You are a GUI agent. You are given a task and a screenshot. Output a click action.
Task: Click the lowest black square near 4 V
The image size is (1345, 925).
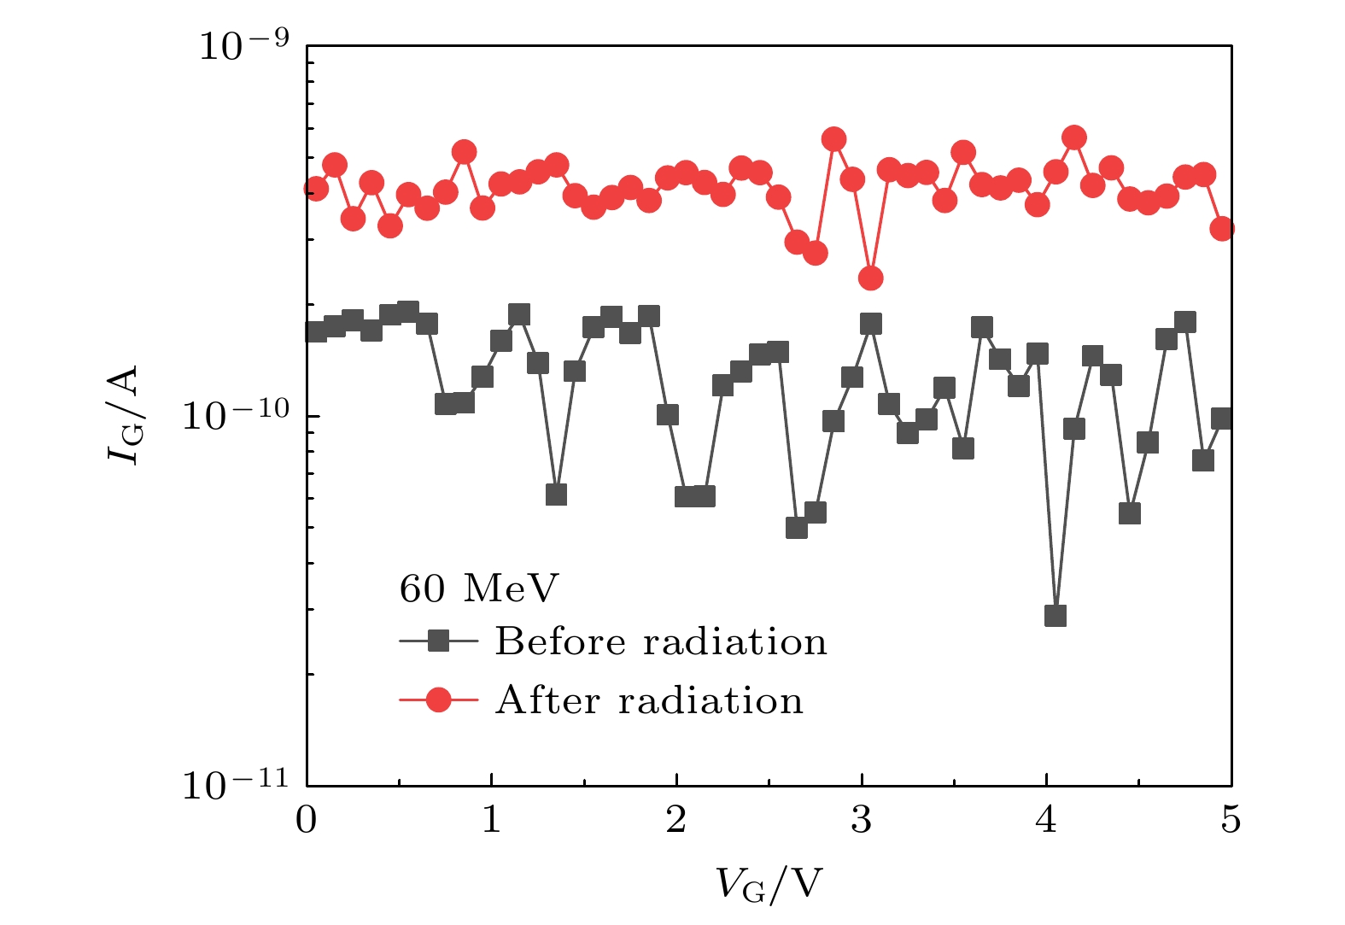(x=1056, y=616)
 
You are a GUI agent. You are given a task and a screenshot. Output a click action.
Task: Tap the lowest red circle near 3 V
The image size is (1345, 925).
(x=871, y=278)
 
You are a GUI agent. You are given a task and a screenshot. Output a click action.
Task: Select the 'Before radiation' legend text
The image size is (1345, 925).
(x=661, y=641)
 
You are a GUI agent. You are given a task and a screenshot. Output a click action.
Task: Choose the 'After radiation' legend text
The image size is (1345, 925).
(x=649, y=700)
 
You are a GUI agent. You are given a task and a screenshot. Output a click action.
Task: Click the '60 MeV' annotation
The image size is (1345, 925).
(x=479, y=588)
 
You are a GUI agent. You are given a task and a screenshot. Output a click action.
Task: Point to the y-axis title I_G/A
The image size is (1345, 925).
(x=124, y=415)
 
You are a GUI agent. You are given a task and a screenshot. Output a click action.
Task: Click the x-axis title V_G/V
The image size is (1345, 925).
(x=769, y=885)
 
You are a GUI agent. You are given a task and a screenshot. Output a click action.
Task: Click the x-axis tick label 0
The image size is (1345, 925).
(x=307, y=821)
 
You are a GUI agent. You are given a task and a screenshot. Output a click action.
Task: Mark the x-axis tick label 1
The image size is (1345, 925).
(x=492, y=821)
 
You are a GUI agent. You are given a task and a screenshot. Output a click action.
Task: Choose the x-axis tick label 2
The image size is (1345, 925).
(x=676, y=821)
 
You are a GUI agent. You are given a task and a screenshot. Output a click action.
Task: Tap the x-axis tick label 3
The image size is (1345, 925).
(x=862, y=821)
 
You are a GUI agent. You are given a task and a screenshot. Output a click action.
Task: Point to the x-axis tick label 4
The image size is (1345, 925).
(x=1047, y=821)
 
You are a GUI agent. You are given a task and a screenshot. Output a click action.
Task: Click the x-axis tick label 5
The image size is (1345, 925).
(x=1231, y=821)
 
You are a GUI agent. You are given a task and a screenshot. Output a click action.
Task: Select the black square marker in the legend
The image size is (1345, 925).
(x=439, y=641)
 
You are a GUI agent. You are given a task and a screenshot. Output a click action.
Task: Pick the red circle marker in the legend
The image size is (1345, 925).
(x=439, y=700)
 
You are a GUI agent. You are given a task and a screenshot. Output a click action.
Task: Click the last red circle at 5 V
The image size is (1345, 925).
(x=1222, y=228)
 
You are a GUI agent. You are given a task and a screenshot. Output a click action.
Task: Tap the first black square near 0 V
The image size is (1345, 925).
(x=316, y=331)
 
